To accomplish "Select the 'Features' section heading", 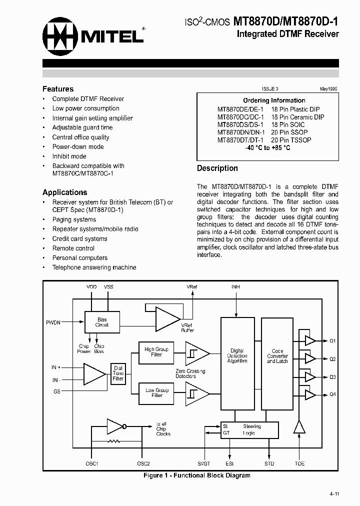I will (58, 89).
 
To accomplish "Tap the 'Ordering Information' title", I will (274, 100).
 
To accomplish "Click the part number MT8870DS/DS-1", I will (240, 124).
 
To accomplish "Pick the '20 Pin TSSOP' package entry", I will (290, 140).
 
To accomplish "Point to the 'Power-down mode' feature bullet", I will (78, 146).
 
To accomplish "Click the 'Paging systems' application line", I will (74, 219).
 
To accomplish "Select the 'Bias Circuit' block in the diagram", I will (102, 322).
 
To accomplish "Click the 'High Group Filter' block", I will (156, 351).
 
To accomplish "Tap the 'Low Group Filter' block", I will (156, 392).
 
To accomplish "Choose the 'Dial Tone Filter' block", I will (118, 373).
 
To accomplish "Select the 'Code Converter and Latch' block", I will (277, 355).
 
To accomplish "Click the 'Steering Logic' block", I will (249, 430).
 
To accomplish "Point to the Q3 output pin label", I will (332, 377).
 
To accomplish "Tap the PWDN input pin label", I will (53, 322).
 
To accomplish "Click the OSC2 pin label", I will (143, 463).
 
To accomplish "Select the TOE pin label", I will (299, 463).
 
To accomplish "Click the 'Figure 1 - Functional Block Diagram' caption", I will (197, 475).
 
